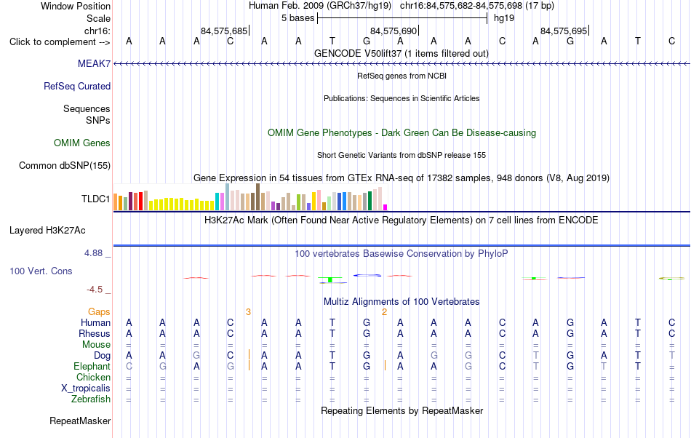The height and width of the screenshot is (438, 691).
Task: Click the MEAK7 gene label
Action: [94, 63]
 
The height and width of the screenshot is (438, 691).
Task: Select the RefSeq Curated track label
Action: [77, 86]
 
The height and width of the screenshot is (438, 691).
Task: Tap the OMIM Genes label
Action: [82, 143]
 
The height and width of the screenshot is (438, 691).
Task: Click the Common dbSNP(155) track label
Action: [65, 165]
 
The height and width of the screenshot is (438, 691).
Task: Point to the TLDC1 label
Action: [95, 199]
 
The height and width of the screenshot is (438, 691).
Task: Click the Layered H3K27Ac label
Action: [47, 230]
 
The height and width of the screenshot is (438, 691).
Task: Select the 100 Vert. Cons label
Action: [41, 271]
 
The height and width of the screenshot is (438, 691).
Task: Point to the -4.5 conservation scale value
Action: [95, 289]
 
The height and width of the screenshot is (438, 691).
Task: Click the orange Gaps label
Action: [99, 311]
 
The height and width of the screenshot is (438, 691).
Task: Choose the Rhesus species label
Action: [95, 333]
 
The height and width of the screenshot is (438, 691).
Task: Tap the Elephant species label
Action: [92, 366]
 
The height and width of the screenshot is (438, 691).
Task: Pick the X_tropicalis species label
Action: [86, 389]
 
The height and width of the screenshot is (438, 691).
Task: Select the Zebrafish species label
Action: [91, 399]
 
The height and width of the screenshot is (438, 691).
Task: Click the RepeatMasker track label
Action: [80, 421]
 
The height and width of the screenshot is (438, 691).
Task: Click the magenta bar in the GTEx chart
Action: [386, 207]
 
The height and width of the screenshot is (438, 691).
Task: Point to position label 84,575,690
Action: [394, 31]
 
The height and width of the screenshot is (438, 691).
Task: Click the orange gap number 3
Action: [248, 312]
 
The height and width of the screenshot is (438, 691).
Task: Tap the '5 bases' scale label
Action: [298, 18]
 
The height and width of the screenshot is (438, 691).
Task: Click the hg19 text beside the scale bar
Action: [504, 18]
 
